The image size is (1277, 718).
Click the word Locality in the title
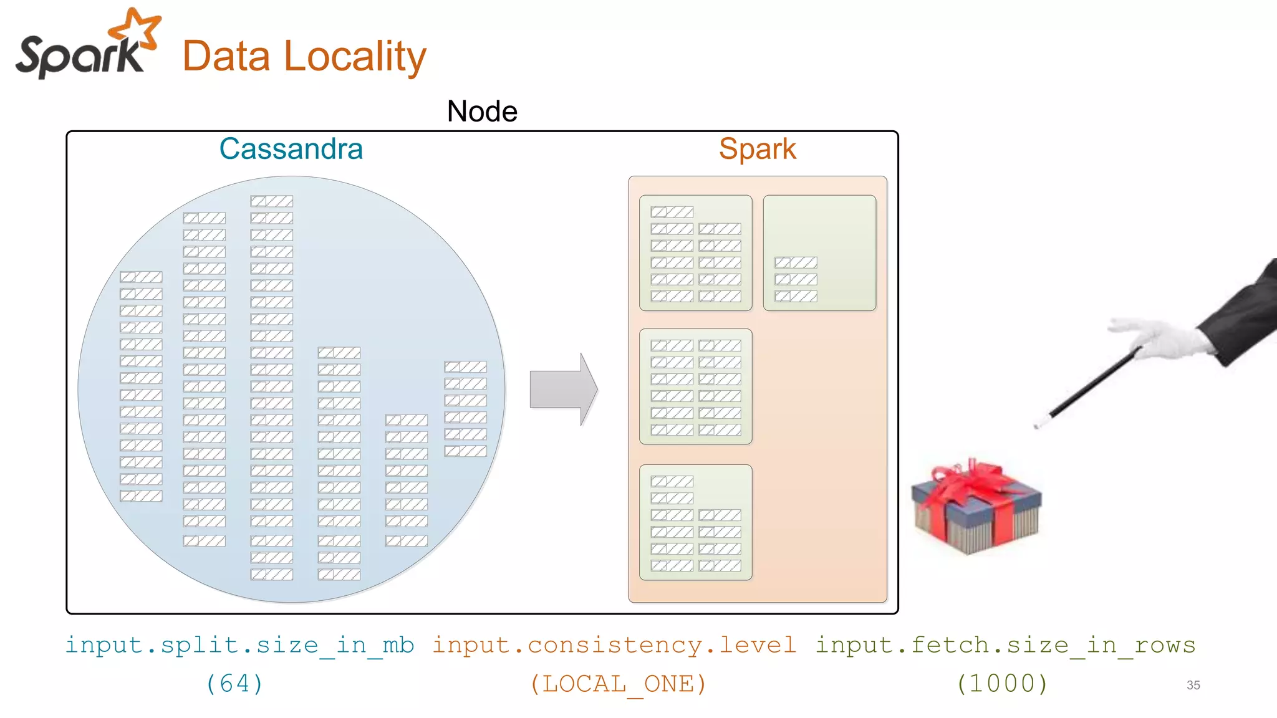pos(355,57)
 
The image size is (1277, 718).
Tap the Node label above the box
pos(482,112)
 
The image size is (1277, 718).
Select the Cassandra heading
pos(291,149)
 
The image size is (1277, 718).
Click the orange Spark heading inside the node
pos(757,149)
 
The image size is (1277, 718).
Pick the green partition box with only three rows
pos(819,253)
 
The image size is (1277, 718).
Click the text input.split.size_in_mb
pos(240,645)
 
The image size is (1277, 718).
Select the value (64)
pos(234,684)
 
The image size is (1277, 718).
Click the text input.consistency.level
pos(614,645)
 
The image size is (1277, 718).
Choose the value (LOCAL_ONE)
pos(618,684)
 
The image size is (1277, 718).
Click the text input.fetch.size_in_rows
pos(1005,645)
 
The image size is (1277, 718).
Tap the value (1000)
pos(1002,684)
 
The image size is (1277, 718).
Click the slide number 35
pos(1193,685)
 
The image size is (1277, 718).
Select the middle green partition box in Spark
pos(695,386)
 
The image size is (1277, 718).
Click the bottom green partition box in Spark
pos(695,522)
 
